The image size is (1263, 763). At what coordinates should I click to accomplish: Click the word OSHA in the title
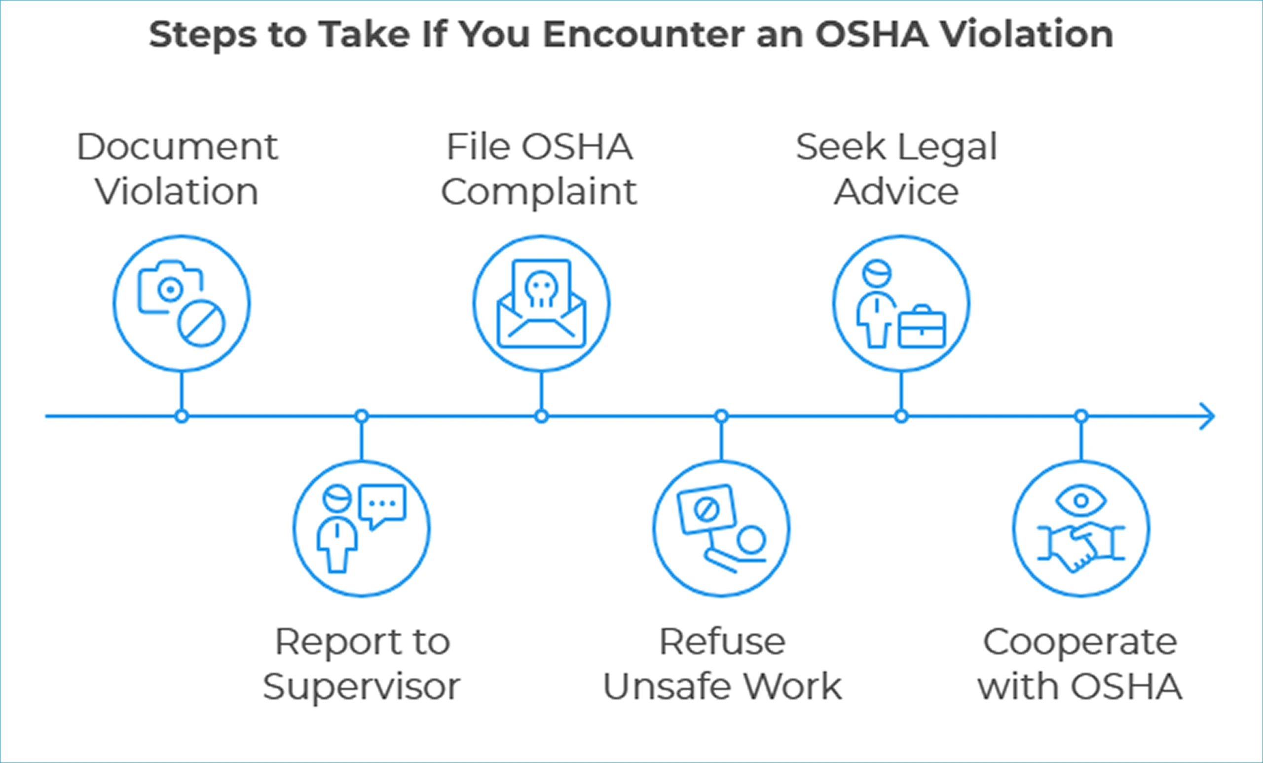pos(871,35)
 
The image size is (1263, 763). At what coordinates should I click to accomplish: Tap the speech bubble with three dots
pos(382,504)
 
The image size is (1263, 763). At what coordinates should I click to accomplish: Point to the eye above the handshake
pos(1081,500)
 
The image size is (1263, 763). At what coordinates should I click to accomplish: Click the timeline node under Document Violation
pos(182,417)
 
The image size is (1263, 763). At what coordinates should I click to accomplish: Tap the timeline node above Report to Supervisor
pos(362,416)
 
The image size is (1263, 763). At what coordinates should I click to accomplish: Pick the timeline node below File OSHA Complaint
pos(541,417)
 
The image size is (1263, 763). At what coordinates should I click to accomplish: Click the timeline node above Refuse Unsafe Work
pos(721,416)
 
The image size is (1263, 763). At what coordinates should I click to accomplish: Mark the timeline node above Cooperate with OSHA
pos(1081,416)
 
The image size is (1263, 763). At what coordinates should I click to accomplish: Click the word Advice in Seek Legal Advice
pos(896,192)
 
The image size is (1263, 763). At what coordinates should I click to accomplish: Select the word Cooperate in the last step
pos(1080,642)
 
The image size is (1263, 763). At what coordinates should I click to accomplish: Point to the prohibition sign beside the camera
pos(201,323)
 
